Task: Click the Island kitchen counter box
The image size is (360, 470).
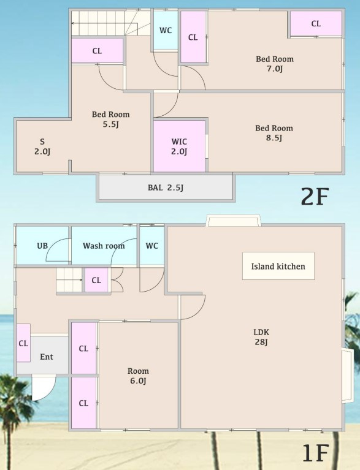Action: coord(278,266)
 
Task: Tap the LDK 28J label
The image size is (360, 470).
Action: coord(261,337)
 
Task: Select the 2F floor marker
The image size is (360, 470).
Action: coord(315,196)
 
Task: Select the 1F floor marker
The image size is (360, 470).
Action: coord(315,453)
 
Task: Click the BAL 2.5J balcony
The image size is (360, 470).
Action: coord(165,188)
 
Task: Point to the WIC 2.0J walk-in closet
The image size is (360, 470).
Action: coord(179,146)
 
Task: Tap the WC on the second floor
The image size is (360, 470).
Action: coord(165,31)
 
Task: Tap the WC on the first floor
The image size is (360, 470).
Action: coord(152,246)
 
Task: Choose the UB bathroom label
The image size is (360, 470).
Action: coord(42,246)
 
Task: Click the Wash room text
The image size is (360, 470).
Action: coord(104,246)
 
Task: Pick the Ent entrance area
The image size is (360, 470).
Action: coord(47,357)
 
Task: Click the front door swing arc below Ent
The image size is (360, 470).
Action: coord(43,389)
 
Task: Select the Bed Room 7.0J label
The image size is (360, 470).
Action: coord(274,64)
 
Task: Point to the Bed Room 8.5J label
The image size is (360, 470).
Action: coord(274,133)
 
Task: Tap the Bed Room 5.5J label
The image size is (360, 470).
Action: coord(110,119)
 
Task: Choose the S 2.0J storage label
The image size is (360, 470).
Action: coord(42,146)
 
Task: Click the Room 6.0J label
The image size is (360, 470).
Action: coord(138,376)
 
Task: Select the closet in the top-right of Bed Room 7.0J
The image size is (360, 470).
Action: coord(316,24)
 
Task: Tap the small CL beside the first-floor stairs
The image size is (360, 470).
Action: coord(96,280)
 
